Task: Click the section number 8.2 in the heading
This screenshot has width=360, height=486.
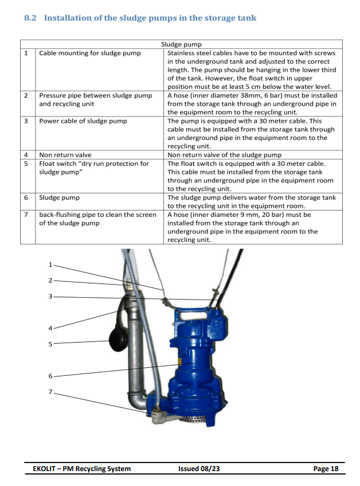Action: click(x=30, y=18)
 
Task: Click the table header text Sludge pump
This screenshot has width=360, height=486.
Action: click(x=181, y=44)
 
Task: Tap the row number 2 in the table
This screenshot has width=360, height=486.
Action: click(x=26, y=96)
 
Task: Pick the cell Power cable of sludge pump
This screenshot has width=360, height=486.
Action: click(x=83, y=121)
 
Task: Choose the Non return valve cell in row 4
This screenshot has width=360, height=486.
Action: click(x=65, y=154)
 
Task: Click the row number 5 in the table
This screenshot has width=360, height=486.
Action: click(x=26, y=164)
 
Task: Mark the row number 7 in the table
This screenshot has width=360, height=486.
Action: click(x=26, y=215)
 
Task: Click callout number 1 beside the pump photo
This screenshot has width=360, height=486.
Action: click(x=50, y=265)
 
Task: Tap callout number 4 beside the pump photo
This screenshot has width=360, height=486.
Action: click(x=50, y=328)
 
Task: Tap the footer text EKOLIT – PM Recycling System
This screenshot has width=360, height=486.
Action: click(x=81, y=469)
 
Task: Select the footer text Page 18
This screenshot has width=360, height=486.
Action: click(x=326, y=469)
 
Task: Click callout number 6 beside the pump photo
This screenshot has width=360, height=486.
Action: click(x=50, y=376)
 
